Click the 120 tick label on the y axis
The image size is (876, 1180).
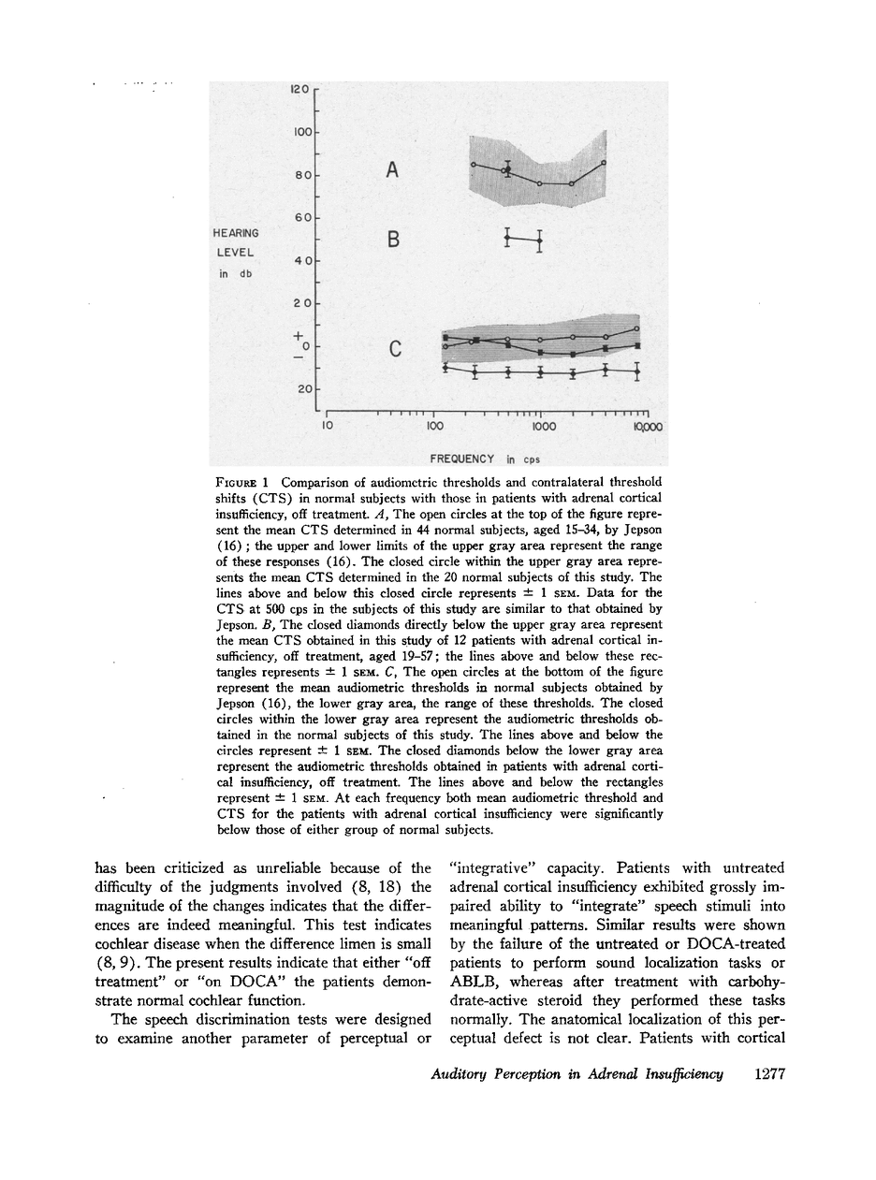coord(299,90)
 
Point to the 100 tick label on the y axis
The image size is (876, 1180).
coord(299,133)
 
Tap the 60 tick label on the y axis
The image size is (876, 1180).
coord(301,218)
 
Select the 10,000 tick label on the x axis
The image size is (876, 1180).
coord(649,427)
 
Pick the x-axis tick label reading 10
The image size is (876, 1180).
coord(327,427)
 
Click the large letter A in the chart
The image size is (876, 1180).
coord(393,170)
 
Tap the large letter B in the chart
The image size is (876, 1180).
coord(394,240)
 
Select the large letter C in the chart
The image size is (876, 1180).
coord(395,349)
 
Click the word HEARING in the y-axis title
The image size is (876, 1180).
coord(236,232)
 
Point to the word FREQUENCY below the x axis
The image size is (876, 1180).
coord(462,459)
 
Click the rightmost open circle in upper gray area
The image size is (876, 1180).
coord(604,163)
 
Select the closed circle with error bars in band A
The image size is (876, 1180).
coord(506,168)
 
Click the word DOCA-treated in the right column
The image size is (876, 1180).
coord(740,943)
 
